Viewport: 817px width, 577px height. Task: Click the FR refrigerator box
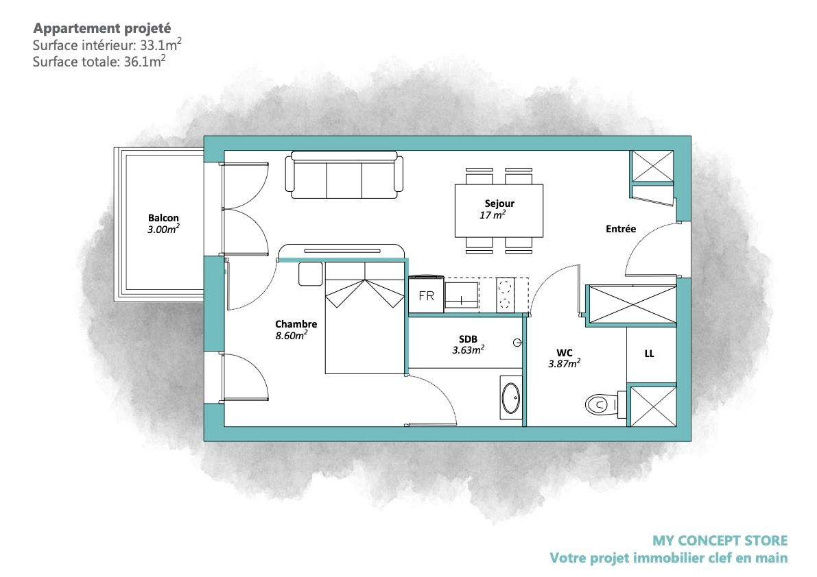click(x=426, y=295)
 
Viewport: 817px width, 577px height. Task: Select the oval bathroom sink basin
click(x=510, y=398)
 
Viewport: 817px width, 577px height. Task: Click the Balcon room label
click(x=163, y=218)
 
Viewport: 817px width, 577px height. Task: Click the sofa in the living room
click(x=344, y=175)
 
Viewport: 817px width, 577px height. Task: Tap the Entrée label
click(x=621, y=228)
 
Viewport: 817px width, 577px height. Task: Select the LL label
click(x=649, y=354)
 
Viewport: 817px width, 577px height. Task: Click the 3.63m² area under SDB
click(x=468, y=349)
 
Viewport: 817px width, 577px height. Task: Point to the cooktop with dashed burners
click(x=504, y=295)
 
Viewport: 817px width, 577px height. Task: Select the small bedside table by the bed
click(x=311, y=273)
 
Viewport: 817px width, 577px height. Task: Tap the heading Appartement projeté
click(x=102, y=28)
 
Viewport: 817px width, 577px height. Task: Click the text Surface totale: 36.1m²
click(x=99, y=62)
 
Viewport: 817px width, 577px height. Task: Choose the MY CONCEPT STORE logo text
click(x=720, y=541)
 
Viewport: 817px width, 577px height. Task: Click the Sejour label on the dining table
click(x=499, y=204)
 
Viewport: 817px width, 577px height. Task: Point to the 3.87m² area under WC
click(x=564, y=364)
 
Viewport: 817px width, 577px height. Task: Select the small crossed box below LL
click(x=652, y=405)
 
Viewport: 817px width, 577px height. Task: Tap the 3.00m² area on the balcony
click(x=163, y=230)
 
